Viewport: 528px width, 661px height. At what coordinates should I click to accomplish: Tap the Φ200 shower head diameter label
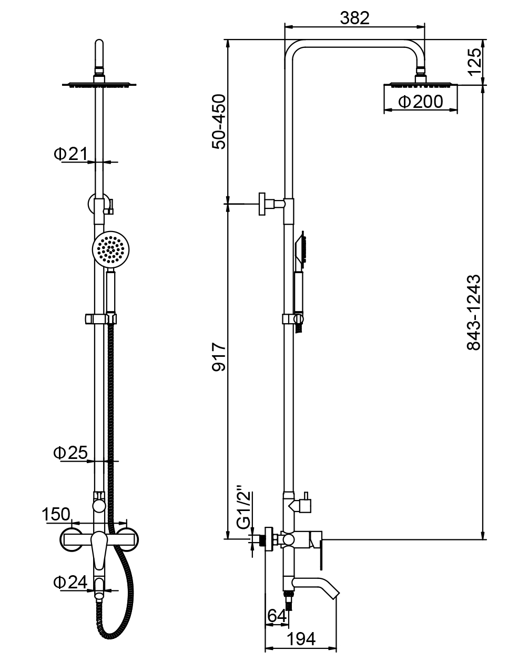[x=421, y=102]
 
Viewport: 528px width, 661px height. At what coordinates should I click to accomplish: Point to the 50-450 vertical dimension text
[x=218, y=122]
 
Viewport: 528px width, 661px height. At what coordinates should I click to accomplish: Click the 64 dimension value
[x=277, y=615]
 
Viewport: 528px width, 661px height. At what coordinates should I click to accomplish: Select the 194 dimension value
[x=301, y=639]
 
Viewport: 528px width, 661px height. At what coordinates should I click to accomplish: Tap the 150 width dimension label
[x=57, y=514]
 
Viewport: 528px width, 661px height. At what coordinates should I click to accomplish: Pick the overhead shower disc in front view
[x=99, y=83]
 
